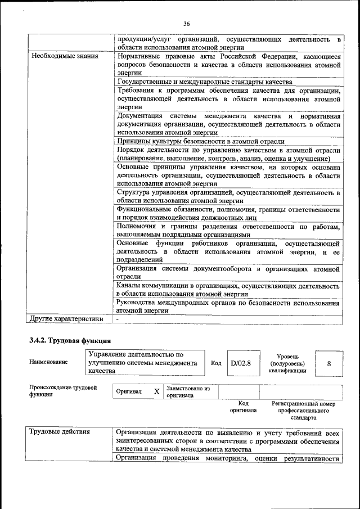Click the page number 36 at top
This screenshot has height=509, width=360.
[186, 24]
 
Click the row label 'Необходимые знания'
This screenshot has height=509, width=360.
[65, 56]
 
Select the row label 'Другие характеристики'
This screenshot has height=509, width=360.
[67, 319]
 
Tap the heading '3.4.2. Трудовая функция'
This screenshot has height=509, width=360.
[70, 340]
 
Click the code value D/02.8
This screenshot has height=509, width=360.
[241, 363]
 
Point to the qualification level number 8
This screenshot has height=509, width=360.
[328, 363]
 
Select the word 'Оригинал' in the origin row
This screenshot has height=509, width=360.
[129, 391]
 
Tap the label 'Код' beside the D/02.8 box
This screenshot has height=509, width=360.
[215, 363]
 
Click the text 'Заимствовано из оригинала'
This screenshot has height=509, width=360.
[188, 391]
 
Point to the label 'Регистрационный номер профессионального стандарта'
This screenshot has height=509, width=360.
[303, 411]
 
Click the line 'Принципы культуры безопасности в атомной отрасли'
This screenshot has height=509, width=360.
[200, 141]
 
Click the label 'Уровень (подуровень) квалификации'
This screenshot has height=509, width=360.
[287, 363]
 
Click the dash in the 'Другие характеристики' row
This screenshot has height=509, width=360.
[118, 319]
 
